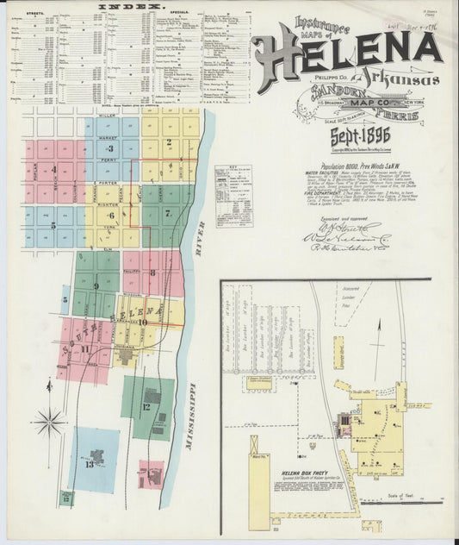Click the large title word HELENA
tap(344, 53)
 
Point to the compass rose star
tap(49, 422)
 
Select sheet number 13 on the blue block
tap(89, 464)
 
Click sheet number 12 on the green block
tap(147, 406)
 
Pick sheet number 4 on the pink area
tap(53, 170)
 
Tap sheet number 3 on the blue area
tap(109, 149)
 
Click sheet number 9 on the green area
tap(96, 285)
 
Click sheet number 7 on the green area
tap(168, 212)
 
